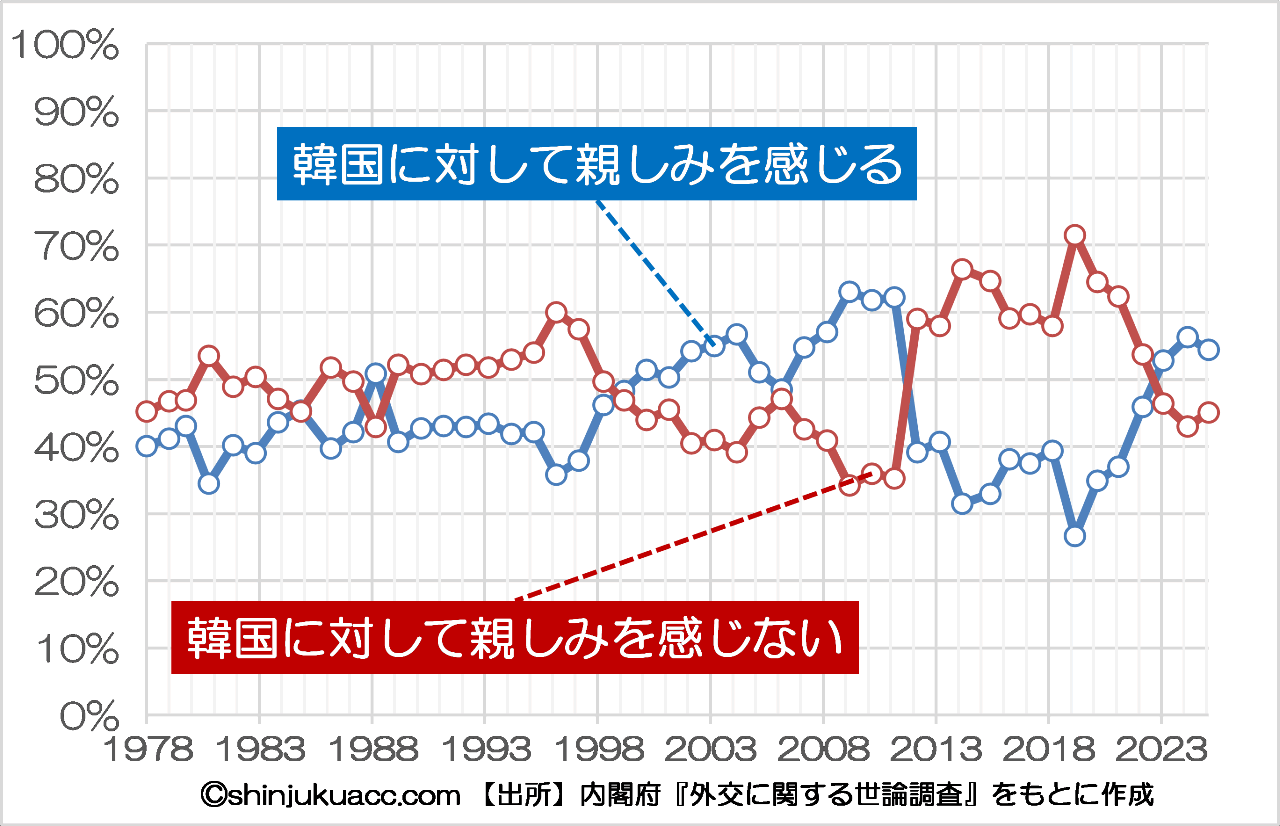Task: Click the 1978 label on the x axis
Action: point(147,750)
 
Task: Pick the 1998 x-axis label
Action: point(599,750)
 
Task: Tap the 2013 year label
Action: point(936,750)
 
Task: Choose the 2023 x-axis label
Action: point(1162,750)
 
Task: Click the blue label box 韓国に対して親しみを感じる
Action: point(597,164)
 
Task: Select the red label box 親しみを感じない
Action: point(515,637)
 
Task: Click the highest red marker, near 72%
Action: point(1075,235)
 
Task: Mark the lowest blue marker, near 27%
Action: point(1075,536)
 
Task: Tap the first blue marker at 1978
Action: point(146,446)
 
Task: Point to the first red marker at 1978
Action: point(146,411)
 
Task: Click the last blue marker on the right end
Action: point(1209,350)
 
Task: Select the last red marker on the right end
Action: point(1209,412)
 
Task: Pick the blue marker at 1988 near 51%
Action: point(376,373)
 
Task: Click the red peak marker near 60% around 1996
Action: point(556,312)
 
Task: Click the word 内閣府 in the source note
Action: point(620,795)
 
